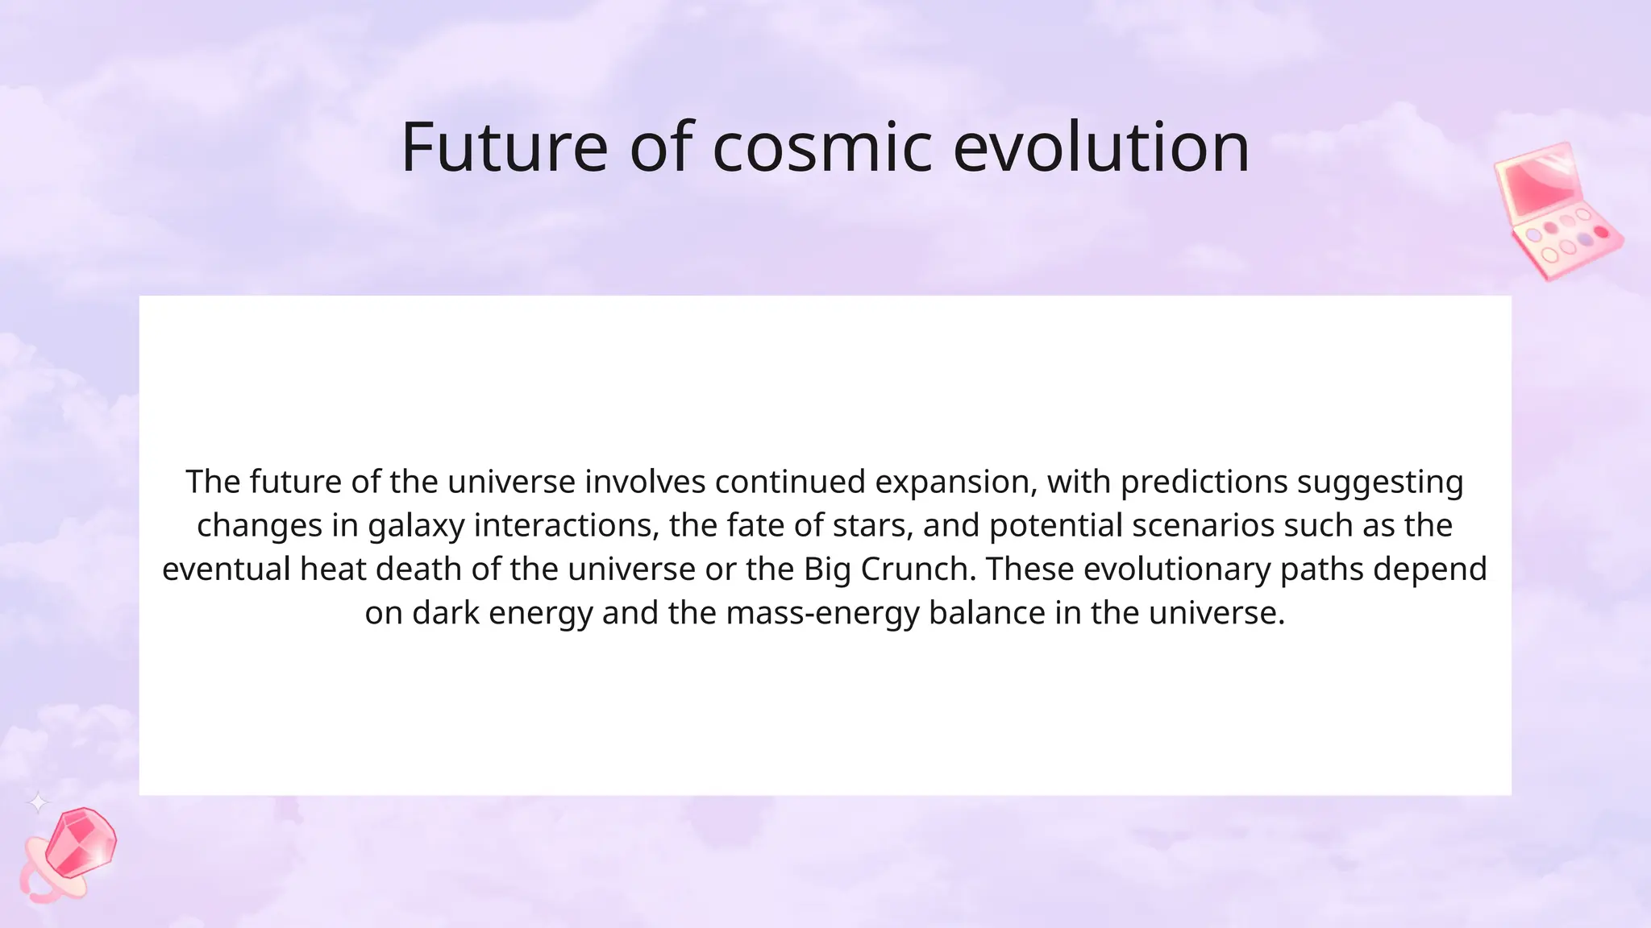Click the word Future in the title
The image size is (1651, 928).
point(504,147)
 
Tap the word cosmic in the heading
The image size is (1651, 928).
point(822,147)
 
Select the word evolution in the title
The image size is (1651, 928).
point(1101,147)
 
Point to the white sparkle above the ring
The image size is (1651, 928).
point(38,802)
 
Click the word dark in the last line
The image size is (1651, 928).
point(446,613)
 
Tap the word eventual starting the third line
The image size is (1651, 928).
point(226,570)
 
